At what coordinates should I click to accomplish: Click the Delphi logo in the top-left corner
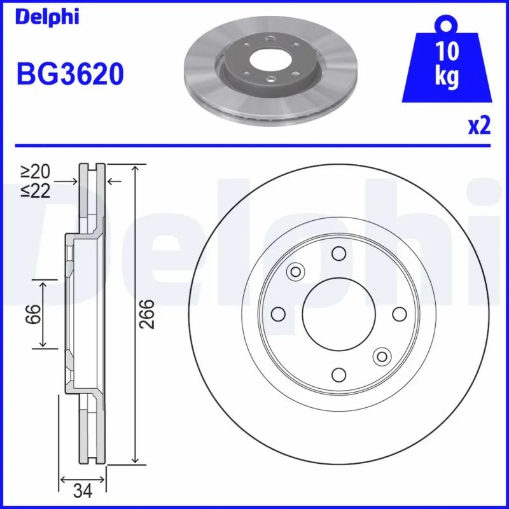[x=47, y=17]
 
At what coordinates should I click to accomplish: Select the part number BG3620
[x=69, y=75]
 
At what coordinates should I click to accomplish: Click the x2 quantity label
[x=479, y=126]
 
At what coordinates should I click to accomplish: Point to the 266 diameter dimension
[x=148, y=314]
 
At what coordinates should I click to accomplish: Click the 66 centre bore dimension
[x=34, y=314]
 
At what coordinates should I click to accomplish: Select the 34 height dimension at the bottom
[x=83, y=491]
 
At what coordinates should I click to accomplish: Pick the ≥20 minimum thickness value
[x=36, y=172]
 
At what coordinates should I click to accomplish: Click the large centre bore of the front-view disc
[x=339, y=314]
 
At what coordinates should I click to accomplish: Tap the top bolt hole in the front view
[x=339, y=254]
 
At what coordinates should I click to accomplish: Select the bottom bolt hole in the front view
[x=339, y=374]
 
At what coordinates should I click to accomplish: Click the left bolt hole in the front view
[x=279, y=314]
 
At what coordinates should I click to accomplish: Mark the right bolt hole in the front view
[x=400, y=314]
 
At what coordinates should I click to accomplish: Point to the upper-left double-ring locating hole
[x=295, y=272]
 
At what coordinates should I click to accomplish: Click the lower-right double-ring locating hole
[x=382, y=356]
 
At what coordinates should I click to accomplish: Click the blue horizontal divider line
[x=254, y=145]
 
